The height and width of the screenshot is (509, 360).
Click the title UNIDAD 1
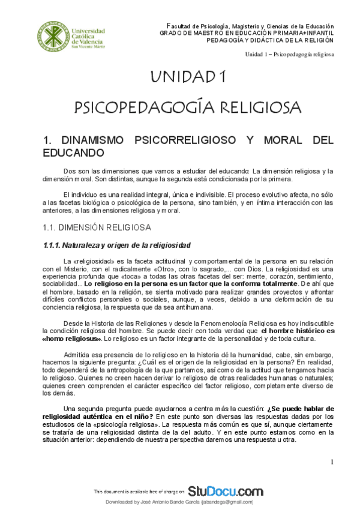(x=188, y=77)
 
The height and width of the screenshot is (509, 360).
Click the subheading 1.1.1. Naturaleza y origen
(x=117, y=245)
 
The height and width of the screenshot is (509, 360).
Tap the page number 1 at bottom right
(x=332, y=461)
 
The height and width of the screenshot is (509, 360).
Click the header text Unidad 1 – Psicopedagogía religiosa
(x=290, y=54)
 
